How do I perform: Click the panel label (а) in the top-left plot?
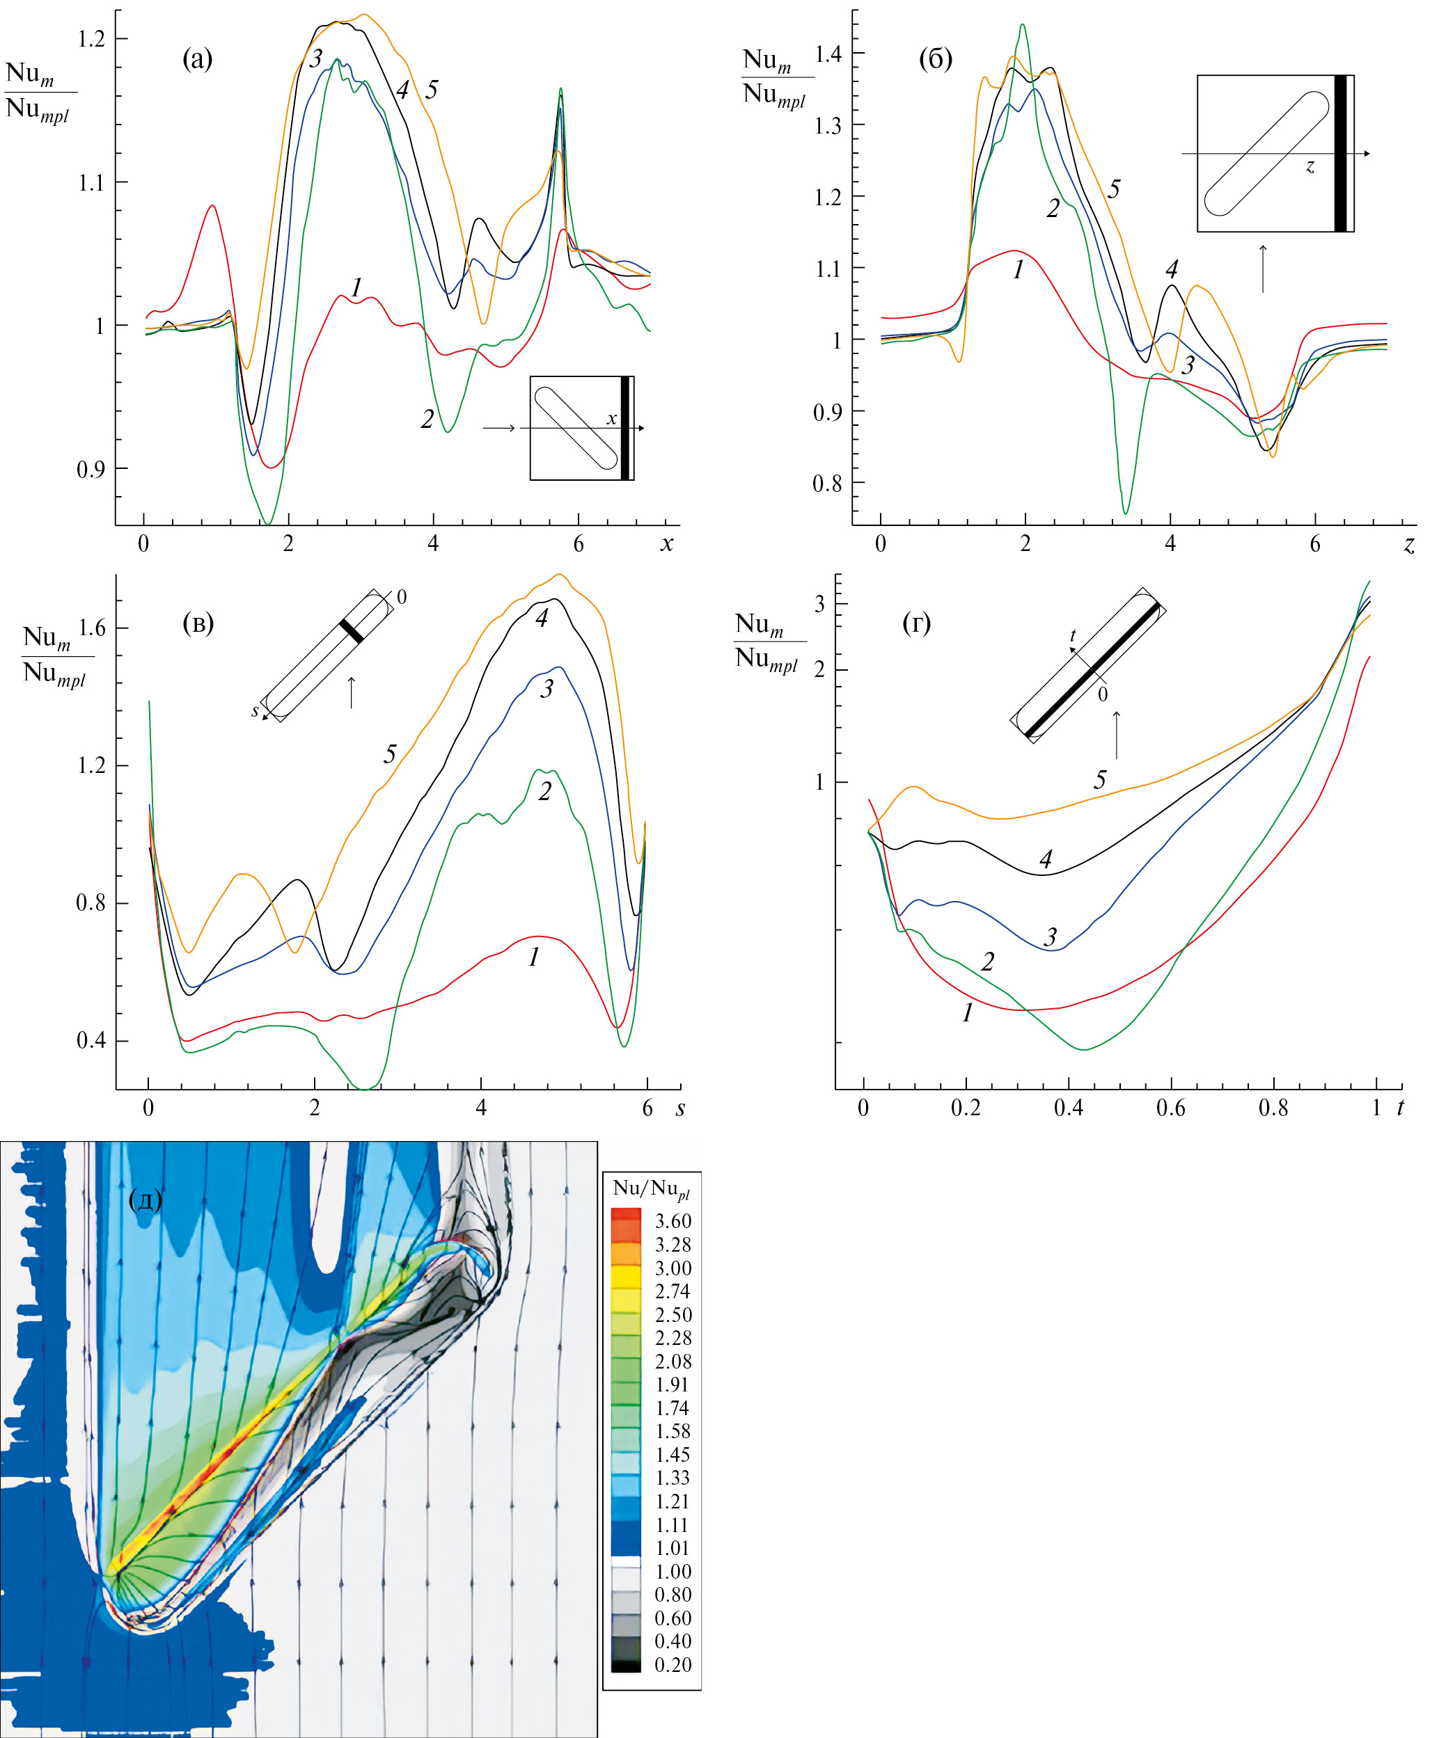[x=197, y=58]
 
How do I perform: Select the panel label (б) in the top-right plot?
[x=936, y=58]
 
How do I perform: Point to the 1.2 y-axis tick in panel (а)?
[x=91, y=39]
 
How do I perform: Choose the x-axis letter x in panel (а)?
[x=666, y=544]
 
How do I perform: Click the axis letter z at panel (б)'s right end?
[x=1408, y=544]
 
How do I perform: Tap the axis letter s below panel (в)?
[x=679, y=1108]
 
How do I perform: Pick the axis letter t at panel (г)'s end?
[x=1400, y=1108]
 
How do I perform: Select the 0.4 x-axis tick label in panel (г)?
[x=1068, y=1108]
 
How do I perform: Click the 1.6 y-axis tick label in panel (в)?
[x=91, y=628]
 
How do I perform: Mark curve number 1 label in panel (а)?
[x=356, y=288]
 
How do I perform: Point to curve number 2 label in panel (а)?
[x=427, y=420]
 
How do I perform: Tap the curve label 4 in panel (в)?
[x=542, y=619]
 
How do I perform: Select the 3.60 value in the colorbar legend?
[x=673, y=1221]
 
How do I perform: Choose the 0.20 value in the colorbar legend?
[x=673, y=1664]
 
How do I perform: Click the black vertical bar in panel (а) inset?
[x=625, y=428]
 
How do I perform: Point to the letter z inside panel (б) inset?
[x=1310, y=166]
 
